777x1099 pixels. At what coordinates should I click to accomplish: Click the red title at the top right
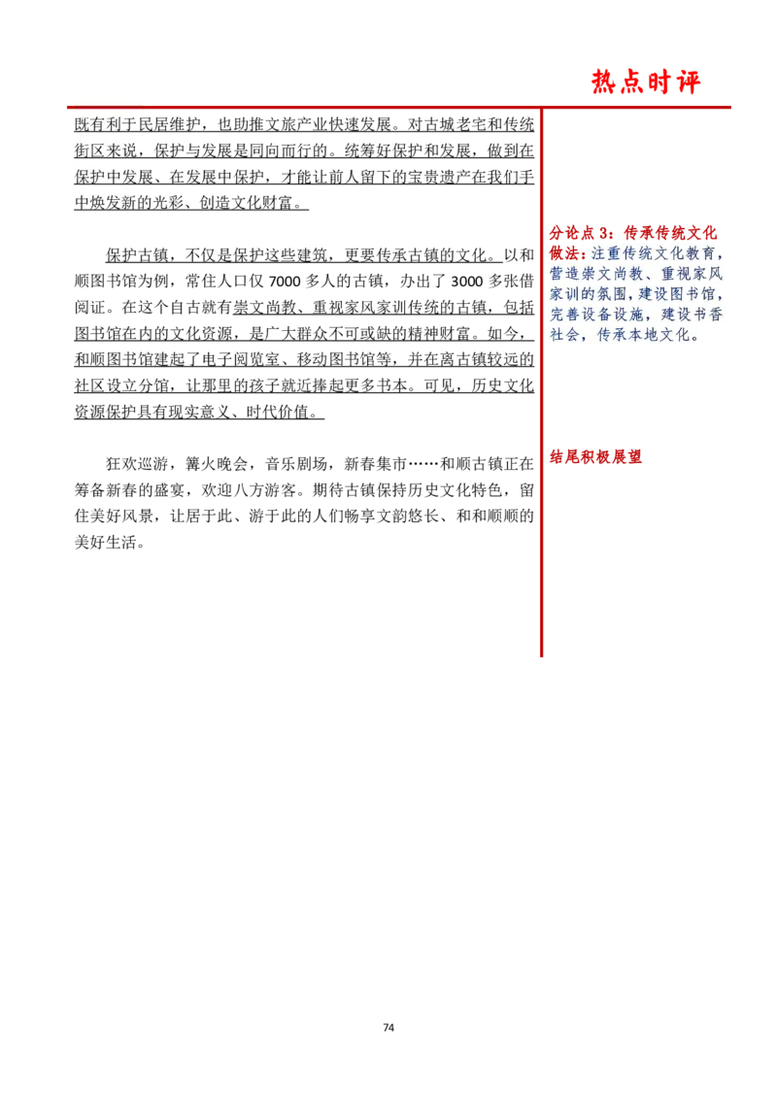pyautogui.click(x=647, y=83)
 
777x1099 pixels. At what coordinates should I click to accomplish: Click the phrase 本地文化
pyautogui.click(x=659, y=336)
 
